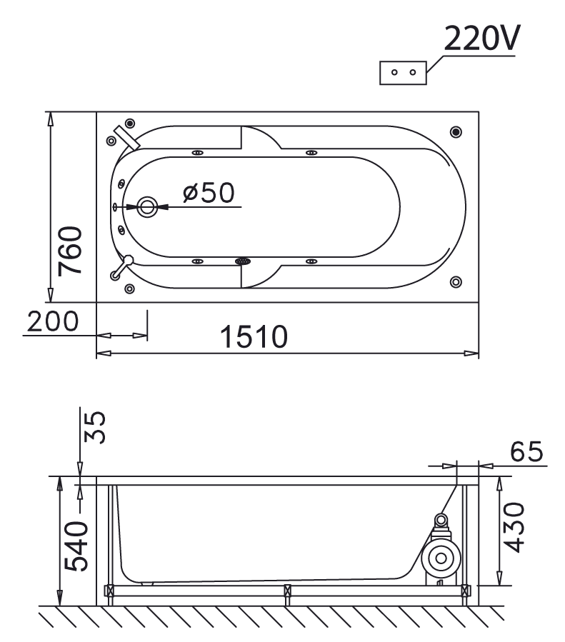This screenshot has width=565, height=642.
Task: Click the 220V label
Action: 482,38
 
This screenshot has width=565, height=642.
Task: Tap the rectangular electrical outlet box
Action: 403,73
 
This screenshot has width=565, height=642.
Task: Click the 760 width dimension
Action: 70,251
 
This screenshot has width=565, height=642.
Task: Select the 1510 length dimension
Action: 254,336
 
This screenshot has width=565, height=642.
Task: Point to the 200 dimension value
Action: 53,321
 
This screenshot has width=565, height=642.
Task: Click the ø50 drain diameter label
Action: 209,192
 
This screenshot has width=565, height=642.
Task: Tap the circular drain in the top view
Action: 147,207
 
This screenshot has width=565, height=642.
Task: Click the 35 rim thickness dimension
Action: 94,427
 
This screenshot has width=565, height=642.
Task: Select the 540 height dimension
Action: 76,546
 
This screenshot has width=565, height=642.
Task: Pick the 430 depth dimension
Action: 514,528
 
